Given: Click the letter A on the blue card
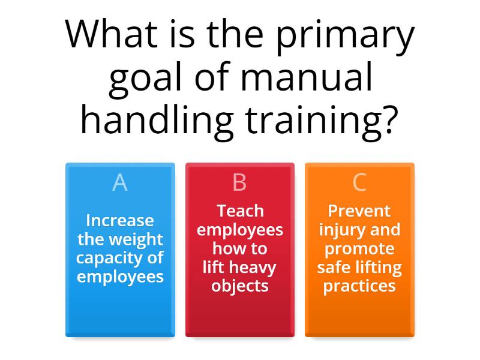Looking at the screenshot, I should pos(120,182).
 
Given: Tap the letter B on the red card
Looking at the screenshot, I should pos(239,182).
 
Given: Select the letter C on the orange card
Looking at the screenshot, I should pos(359,182).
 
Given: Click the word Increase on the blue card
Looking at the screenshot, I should pos(120,221).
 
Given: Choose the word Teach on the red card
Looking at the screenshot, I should pos(240,211).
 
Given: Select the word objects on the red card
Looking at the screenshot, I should pos(240,286).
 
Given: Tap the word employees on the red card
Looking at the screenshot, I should pos(240,230).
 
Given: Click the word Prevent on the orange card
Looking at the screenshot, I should pos(359,211).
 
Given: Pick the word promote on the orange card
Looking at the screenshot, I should pos(359,248).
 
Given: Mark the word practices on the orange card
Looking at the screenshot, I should pos(359,286).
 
